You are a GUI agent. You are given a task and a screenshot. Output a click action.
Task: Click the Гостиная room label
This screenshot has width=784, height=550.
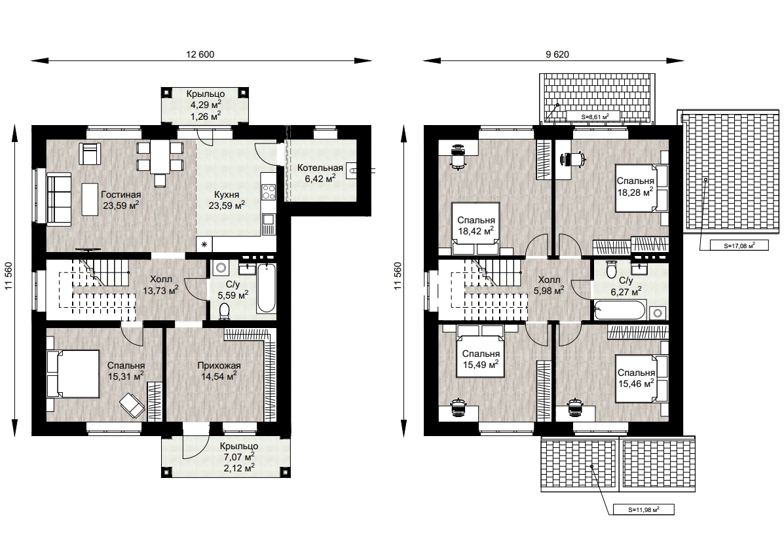coord(121,194)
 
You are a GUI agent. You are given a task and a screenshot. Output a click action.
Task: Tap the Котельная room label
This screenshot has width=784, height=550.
coord(320,168)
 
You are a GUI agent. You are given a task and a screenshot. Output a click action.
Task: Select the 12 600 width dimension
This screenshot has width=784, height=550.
coord(200,54)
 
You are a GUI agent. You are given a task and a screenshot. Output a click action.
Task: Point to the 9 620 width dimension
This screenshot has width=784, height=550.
coord(557,54)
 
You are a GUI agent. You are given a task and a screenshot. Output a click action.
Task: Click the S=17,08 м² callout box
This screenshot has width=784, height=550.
coord(739,246)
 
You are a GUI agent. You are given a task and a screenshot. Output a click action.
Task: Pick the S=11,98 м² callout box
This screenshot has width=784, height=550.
coord(643,510)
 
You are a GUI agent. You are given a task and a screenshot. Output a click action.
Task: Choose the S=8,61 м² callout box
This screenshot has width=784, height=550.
coord(593,117)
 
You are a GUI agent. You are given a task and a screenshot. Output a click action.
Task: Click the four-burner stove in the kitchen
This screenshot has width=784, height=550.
coord(269,192)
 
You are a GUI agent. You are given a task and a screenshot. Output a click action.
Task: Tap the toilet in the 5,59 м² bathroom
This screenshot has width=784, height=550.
coord(225,310)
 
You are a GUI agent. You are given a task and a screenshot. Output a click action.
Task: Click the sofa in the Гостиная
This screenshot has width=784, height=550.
coord(59,198)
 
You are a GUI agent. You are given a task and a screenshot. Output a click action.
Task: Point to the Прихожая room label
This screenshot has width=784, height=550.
coord(219,365)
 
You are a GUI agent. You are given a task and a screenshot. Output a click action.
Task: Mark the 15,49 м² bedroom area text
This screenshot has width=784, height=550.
coord(481,365)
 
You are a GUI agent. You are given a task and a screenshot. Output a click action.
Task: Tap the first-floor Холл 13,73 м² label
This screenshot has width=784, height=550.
coord(161,285)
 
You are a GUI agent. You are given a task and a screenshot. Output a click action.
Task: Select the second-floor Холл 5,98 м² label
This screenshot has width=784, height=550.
coord(549,285)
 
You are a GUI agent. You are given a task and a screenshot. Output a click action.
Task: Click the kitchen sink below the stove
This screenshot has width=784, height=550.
coord(269,224)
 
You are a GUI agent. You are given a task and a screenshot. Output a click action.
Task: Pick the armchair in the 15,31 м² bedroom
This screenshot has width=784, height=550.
coord(132,405)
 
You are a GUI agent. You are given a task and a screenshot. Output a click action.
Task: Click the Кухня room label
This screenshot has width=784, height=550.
coord(227,194)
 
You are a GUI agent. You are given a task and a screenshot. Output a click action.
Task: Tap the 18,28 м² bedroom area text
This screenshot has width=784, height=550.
coord(635,192)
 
